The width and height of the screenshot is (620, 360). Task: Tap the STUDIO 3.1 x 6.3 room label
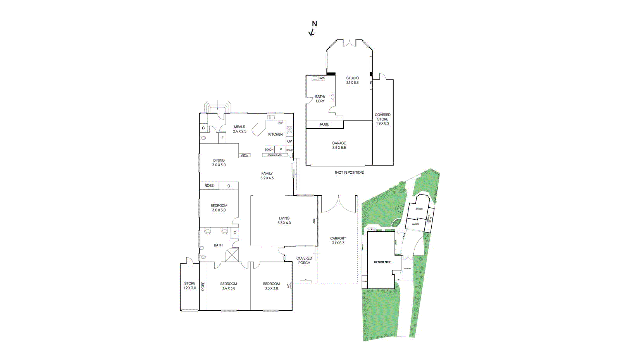(352, 80)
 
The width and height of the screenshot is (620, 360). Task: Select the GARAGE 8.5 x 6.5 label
(339, 145)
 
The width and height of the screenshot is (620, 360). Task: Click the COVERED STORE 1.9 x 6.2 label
(382, 119)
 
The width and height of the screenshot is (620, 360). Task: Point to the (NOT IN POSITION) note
(350, 172)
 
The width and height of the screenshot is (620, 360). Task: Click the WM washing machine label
(322, 78)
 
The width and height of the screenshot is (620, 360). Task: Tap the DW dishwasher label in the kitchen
(281, 123)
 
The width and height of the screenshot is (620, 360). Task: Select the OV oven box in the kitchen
(289, 141)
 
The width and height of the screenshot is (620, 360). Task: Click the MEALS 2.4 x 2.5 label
(239, 129)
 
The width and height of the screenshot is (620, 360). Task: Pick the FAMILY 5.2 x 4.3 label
(267, 176)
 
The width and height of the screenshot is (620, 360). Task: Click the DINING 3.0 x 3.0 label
(219, 162)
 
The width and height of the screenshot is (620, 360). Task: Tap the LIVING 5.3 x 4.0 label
(284, 220)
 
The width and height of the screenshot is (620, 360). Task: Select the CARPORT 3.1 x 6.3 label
(338, 241)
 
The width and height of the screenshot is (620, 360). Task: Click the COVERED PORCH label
(304, 260)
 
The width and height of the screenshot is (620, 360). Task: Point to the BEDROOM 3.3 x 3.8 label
(271, 286)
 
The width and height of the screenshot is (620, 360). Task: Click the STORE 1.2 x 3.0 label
(190, 286)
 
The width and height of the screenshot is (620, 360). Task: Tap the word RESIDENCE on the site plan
(382, 262)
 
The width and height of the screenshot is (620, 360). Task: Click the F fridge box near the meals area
(222, 138)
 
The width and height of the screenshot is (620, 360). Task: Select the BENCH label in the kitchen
(269, 150)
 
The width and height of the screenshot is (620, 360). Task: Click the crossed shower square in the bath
(232, 255)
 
